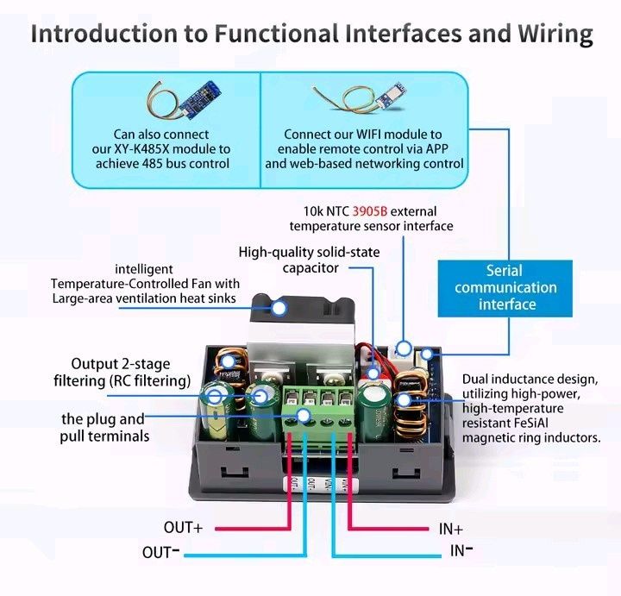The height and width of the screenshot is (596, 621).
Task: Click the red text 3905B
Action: tap(369, 211)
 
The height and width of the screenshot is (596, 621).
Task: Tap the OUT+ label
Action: tap(183, 528)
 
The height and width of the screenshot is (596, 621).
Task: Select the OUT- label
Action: tap(160, 552)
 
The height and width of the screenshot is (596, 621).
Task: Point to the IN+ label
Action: tap(451, 529)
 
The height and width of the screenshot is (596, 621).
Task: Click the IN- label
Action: tap(461, 550)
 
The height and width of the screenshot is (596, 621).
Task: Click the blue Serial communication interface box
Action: tap(505, 288)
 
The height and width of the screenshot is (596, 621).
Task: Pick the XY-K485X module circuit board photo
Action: tap(199, 99)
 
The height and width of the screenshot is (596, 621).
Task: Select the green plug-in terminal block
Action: tap(318, 414)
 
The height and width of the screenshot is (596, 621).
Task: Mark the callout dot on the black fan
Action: tap(279, 308)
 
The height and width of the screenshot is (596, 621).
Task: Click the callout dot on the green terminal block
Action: tap(304, 416)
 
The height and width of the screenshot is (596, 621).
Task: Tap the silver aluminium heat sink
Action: tap(301, 336)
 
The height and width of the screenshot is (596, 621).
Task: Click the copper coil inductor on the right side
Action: tap(412, 404)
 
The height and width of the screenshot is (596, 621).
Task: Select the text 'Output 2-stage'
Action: tap(121, 364)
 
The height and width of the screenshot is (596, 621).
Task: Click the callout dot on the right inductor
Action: tap(404, 400)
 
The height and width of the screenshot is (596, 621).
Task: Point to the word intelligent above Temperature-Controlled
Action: tap(144, 269)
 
